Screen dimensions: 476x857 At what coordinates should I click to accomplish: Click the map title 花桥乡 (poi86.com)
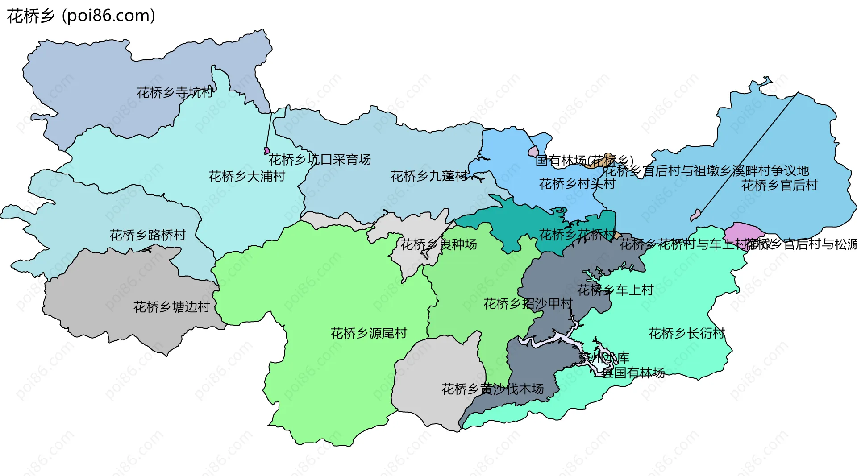[x=81, y=16]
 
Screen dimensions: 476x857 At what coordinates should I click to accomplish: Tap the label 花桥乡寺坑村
[x=175, y=93]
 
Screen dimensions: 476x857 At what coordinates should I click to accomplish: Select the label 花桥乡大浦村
[x=246, y=177]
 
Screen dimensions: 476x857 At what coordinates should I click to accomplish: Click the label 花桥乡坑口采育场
[x=320, y=160]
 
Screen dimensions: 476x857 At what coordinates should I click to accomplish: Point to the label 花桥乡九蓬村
[x=429, y=176]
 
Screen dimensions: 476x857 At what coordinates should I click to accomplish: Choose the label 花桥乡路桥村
[x=148, y=235]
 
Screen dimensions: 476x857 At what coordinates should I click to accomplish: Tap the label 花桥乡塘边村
[x=171, y=307]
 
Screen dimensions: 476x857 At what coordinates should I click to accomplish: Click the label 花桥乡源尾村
[x=369, y=333]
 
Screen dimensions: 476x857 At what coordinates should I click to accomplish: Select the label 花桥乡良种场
[x=438, y=244]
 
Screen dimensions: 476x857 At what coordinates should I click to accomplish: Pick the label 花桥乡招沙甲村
[x=528, y=304]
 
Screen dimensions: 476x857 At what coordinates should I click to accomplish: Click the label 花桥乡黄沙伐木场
[x=492, y=389]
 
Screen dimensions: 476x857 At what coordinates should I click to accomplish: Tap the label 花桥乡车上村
[x=615, y=290]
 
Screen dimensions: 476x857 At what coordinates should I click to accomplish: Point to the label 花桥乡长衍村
[x=686, y=333]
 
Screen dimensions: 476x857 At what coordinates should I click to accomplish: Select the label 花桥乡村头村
[x=577, y=184]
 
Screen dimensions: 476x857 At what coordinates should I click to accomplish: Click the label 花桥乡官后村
[x=779, y=185]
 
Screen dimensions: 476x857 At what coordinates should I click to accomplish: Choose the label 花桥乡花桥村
[x=577, y=235]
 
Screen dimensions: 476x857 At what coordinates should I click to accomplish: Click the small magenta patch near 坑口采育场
[x=267, y=151]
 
